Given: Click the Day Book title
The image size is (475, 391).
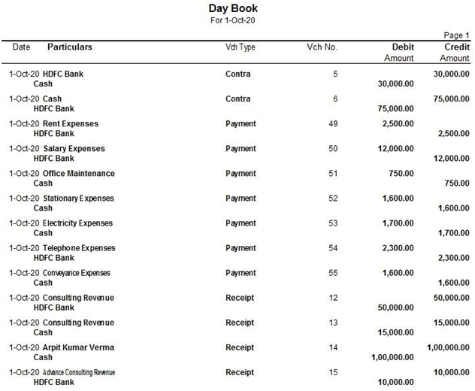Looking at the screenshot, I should click(233, 8).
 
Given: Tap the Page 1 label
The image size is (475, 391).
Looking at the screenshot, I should click(456, 35).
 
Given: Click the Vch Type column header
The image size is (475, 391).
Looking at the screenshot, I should click(241, 47).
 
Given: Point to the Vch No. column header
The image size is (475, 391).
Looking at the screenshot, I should click(322, 47).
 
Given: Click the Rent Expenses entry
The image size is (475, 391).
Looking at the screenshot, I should click(71, 123).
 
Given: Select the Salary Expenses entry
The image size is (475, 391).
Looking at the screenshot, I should click(74, 148).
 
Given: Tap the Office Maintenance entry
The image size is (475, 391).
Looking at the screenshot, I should click(79, 173).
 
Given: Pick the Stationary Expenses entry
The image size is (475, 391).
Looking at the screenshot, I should click(79, 198).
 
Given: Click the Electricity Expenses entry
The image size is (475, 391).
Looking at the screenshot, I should click(77, 223).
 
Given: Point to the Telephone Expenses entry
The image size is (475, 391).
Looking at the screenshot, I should click(79, 247).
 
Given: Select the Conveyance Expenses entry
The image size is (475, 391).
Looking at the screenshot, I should click(76, 272).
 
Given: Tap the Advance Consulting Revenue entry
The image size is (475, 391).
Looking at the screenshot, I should click(79, 371).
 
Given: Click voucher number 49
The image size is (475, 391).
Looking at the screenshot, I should click(333, 123).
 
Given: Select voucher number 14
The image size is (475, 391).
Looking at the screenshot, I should click(333, 347).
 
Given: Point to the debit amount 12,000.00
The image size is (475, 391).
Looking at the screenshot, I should click(395, 148).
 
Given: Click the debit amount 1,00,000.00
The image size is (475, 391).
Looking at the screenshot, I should click(392, 357).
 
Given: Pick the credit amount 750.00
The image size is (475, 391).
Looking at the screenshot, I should click(457, 183).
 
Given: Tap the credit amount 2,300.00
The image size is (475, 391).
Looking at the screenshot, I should click(452, 258).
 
